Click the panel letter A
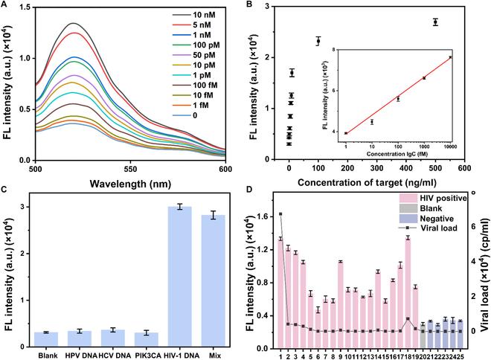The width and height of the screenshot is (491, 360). [x=7, y=7]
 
